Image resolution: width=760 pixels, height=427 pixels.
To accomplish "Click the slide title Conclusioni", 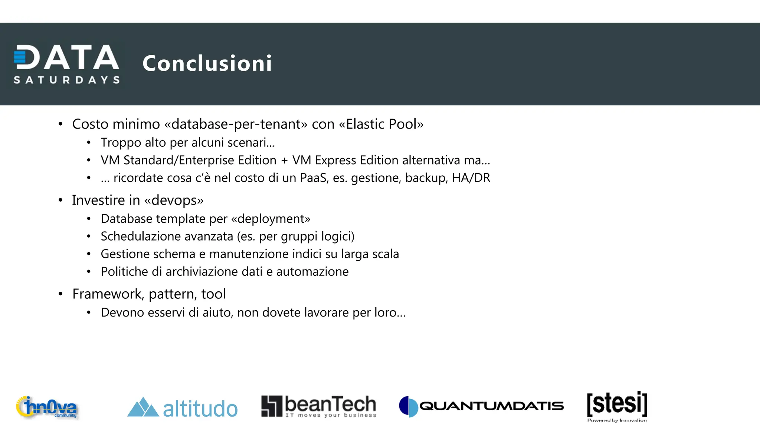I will (207, 63).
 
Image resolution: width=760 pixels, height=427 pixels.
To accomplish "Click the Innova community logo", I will (47, 407).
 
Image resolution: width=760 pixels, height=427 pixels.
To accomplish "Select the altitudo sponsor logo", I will (182, 408).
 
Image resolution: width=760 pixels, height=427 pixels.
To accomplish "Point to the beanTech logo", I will (319, 406).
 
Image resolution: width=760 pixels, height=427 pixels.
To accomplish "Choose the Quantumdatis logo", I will (481, 406).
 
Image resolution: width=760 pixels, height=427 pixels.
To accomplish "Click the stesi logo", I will (617, 406).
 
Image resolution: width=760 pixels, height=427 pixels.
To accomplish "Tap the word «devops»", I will (174, 200).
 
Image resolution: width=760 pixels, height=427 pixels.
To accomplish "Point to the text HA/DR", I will (471, 178).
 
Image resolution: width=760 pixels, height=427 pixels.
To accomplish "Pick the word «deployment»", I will (271, 219).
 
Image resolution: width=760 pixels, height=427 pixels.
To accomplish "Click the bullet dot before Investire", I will (60, 201).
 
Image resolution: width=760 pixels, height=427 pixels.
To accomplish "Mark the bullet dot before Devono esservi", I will (89, 313).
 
